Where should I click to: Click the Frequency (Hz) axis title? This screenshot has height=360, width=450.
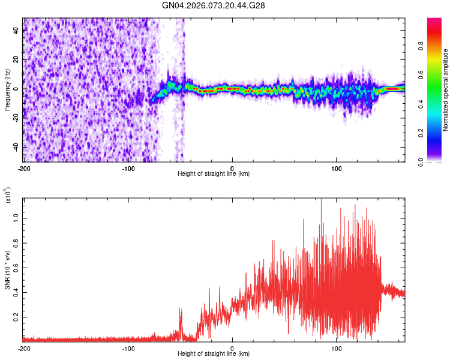tap(7, 90)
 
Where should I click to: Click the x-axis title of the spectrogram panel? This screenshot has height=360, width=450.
tap(214, 173)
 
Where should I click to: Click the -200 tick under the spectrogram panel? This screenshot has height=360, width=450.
tap(24, 167)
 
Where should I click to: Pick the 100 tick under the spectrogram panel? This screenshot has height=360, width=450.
tap(337, 167)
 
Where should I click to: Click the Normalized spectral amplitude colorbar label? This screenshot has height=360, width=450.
tap(446, 90)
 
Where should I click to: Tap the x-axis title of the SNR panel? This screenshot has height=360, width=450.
tap(214, 353)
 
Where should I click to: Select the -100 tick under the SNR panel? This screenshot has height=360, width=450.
tap(128, 347)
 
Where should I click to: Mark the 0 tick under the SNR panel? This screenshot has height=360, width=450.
tap(232, 347)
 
